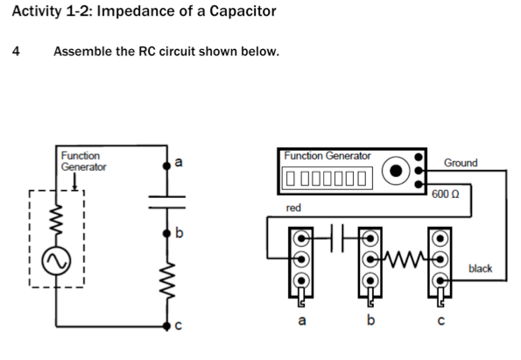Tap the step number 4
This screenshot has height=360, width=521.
[x=16, y=51]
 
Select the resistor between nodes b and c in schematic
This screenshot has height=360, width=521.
[x=167, y=282]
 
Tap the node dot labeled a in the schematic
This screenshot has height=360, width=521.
[x=167, y=163]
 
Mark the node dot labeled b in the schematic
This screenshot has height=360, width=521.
[x=167, y=236]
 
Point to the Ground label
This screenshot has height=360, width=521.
[x=461, y=163]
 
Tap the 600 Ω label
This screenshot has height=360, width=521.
[x=446, y=192]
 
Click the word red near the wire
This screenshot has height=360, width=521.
[x=294, y=208]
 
